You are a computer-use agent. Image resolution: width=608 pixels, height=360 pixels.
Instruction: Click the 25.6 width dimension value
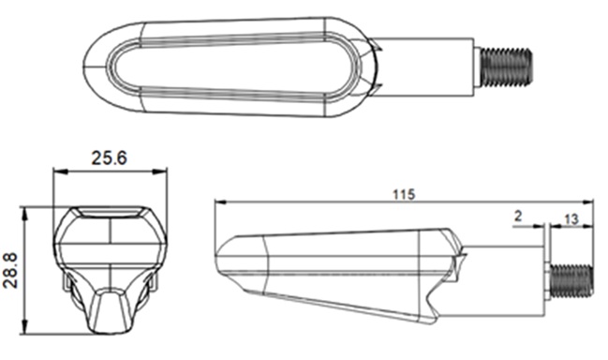click(110, 158)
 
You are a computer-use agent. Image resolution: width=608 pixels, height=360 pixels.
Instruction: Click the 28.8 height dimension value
click(10, 270)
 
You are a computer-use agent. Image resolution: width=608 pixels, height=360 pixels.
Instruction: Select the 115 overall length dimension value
click(404, 194)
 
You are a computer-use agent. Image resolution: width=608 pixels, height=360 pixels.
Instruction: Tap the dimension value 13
click(571, 219)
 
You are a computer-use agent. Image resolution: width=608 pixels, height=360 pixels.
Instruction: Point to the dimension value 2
click(518, 216)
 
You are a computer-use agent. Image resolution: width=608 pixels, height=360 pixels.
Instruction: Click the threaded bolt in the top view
click(506, 67)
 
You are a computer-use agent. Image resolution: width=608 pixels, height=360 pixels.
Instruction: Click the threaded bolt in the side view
click(571, 281)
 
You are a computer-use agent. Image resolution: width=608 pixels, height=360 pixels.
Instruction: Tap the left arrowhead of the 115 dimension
click(220, 202)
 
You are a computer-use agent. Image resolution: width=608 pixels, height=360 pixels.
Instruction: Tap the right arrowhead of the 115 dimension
click(588, 202)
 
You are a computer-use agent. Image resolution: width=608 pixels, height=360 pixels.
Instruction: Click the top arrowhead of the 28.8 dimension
click(24, 213)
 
